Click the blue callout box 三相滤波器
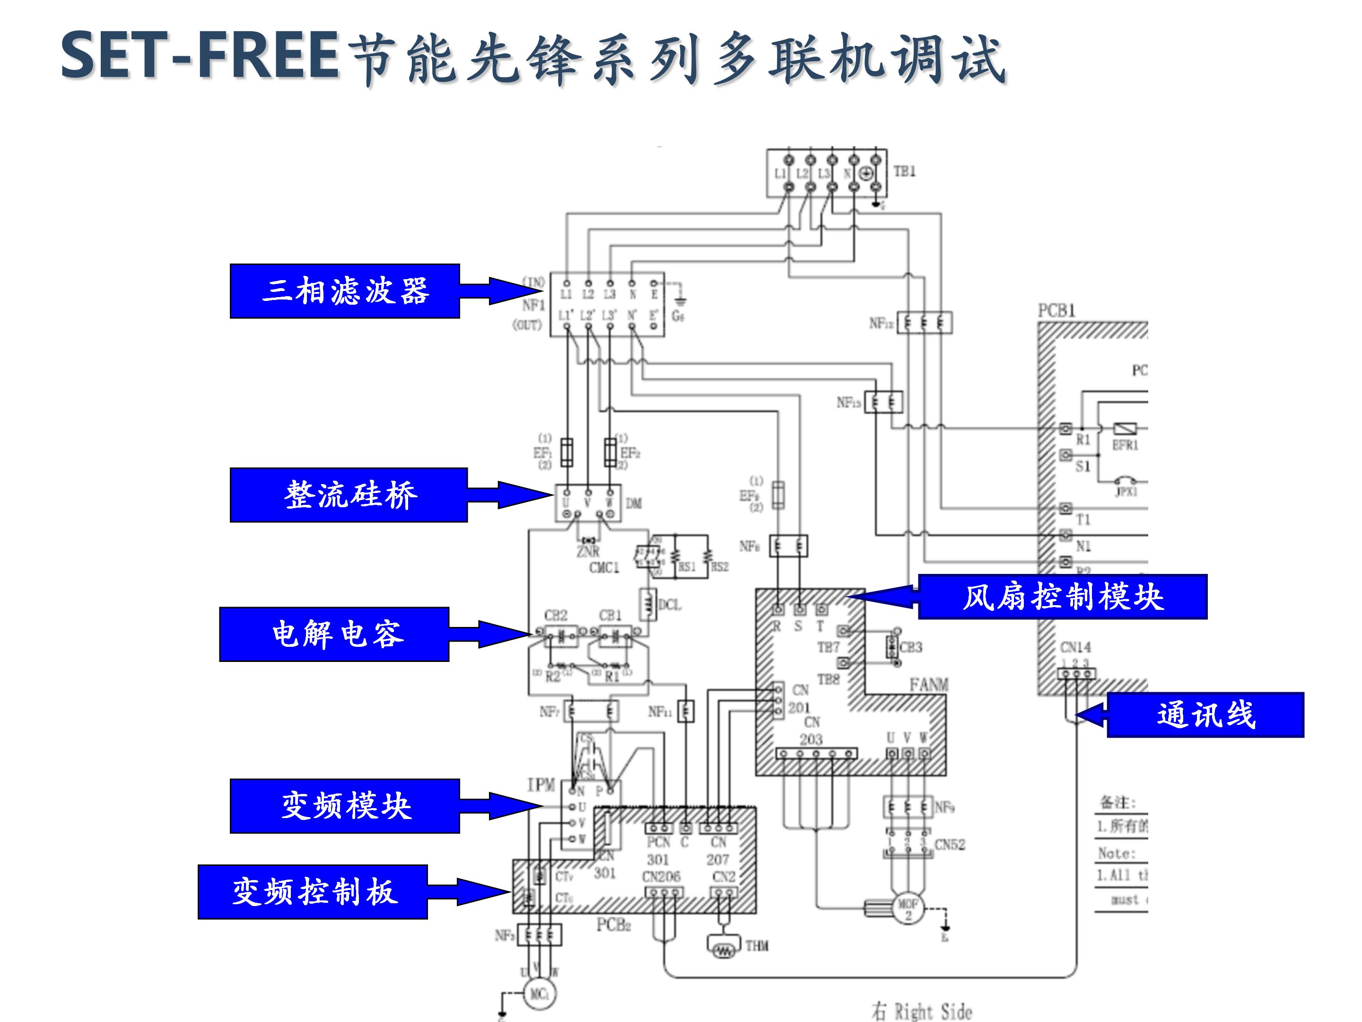coord(345,291)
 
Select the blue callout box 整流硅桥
coord(349,494)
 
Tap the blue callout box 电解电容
coord(334,634)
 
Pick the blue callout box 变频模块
coord(345,806)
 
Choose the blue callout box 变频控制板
coord(313,891)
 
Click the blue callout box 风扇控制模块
coord(1062,596)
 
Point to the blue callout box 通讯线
coord(1205,714)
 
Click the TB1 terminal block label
coord(905,171)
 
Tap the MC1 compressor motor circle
coord(540,994)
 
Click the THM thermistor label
coord(757,946)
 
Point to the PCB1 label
coord(1056,310)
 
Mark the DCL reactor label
coord(670,605)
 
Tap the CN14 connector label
coord(1075,647)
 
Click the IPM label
coord(541,785)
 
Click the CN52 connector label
coord(950,845)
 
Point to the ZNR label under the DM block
coord(587,551)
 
